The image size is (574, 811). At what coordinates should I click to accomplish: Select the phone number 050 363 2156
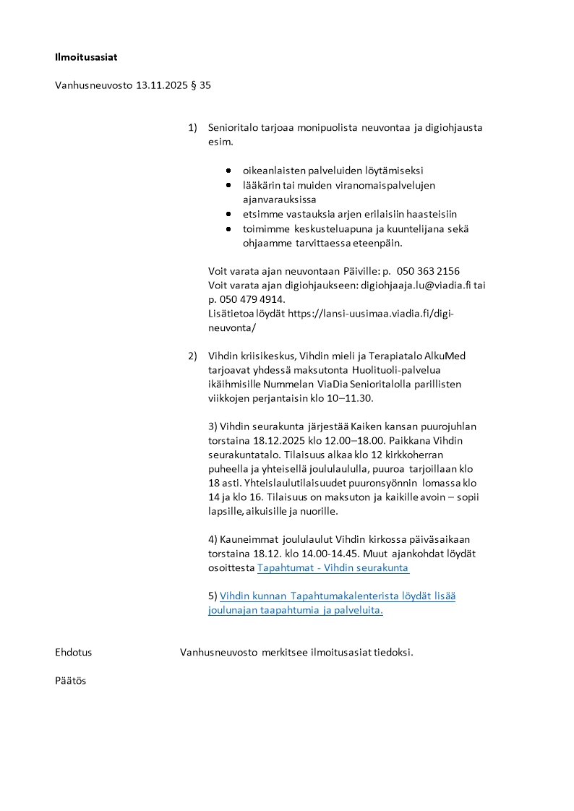[x=429, y=271]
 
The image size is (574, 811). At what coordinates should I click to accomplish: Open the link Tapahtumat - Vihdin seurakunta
[x=333, y=568]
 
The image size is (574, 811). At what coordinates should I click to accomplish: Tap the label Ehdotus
[x=74, y=652]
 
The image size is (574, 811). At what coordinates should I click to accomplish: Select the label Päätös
[x=71, y=681]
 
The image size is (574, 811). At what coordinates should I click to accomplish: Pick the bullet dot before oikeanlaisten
[x=228, y=171]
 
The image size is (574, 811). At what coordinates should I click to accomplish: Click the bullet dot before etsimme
[x=228, y=215]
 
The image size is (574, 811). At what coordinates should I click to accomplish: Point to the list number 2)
[x=192, y=356]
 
